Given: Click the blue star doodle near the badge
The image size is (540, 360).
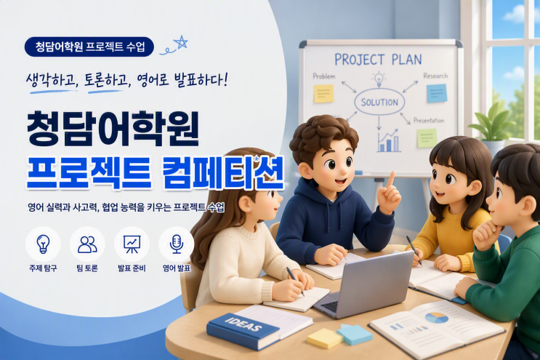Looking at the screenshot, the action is (181, 43).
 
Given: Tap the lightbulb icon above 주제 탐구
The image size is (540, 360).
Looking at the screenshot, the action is (43, 244).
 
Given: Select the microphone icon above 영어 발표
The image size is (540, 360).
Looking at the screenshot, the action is (177, 244).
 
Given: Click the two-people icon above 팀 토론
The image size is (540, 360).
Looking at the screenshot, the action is (87, 244).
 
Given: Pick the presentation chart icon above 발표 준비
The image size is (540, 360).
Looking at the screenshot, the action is (132, 244).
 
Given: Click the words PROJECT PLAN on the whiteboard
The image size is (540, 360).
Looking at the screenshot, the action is (378, 60).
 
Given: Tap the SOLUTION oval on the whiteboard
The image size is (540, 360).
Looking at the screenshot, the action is (379, 102).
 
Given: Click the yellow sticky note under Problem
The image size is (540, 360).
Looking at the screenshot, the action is (323, 93).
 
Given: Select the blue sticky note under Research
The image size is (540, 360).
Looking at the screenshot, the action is (437, 93).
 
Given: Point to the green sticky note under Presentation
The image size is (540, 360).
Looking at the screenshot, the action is (427, 138).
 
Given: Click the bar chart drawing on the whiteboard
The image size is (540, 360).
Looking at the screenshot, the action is (389, 141).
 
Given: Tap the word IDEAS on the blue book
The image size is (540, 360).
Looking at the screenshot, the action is (243, 324).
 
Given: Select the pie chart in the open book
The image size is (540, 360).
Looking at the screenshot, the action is (437, 318).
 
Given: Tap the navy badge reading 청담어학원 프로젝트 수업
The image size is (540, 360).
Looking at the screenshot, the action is (89, 47).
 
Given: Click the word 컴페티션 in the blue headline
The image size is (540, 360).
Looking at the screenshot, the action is (223, 173).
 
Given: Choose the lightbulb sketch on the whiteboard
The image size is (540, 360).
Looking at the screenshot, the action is (379, 79).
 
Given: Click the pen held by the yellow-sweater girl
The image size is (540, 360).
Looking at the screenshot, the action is (414, 251).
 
